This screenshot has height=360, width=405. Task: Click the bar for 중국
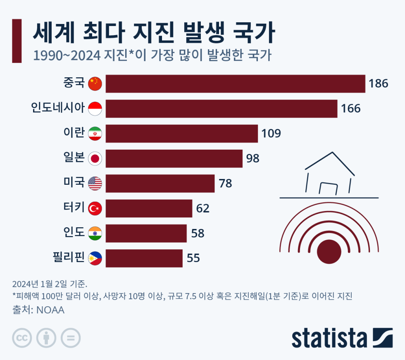click(x=235, y=83)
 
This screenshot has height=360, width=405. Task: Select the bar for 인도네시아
click(x=222, y=109)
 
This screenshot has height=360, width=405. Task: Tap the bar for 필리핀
click(x=144, y=258)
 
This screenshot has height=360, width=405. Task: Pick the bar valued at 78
click(x=160, y=184)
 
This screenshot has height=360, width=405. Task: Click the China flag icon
click(x=95, y=83)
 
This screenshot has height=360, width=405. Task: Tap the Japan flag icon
click(x=95, y=159)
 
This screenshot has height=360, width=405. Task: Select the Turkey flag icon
click(x=95, y=208)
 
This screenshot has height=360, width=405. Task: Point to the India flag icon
click(x=95, y=234)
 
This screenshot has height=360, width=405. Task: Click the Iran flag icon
click(x=95, y=134)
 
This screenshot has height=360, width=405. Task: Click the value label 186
click(x=379, y=83)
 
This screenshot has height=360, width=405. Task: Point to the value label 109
click(x=271, y=134)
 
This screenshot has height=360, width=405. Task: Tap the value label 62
click(x=203, y=208)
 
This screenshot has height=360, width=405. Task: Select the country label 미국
click(x=74, y=182)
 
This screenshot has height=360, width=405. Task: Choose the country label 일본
click(x=74, y=157)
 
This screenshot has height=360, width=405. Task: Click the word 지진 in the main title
click(x=154, y=33)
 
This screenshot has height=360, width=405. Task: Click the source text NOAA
click(x=50, y=310)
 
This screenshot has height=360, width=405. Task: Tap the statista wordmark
click(x=329, y=338)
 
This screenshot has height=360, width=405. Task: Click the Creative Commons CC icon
click(x=22, y=338)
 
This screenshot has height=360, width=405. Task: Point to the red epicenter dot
click(x=329, y=252)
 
